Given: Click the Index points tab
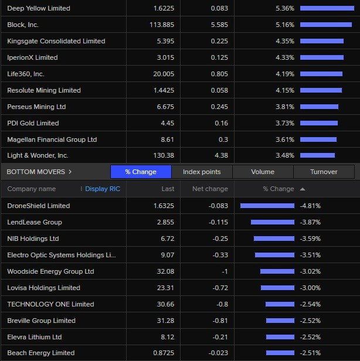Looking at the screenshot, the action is (202, 172).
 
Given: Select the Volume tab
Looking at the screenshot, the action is (263, 172).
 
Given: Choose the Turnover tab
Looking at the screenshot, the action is (324, 172).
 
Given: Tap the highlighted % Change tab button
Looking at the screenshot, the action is (141, 172).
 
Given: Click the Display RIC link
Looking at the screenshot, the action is (103, 189).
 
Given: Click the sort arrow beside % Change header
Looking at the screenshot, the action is (303, 189).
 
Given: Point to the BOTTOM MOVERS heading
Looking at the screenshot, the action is (36, 172).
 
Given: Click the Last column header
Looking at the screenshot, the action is (168, 189).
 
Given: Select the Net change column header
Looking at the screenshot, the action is (210, 189).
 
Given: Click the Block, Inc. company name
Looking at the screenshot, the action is (23, 25).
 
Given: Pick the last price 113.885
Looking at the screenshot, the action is (162, 25).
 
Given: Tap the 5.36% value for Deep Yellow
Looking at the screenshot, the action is (285, 8).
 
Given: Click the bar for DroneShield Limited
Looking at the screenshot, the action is (267, 206).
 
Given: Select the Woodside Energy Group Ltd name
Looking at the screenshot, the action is (50, 271).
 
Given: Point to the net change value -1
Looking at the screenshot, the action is (225, 271).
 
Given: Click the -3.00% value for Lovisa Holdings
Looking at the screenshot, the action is (310, 288).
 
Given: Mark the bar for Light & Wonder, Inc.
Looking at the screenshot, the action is (317, 155).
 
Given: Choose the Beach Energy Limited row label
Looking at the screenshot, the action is (41, 353).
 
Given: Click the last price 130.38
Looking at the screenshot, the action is (164, 155).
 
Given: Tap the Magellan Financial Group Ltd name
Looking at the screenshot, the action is (52, 139).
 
